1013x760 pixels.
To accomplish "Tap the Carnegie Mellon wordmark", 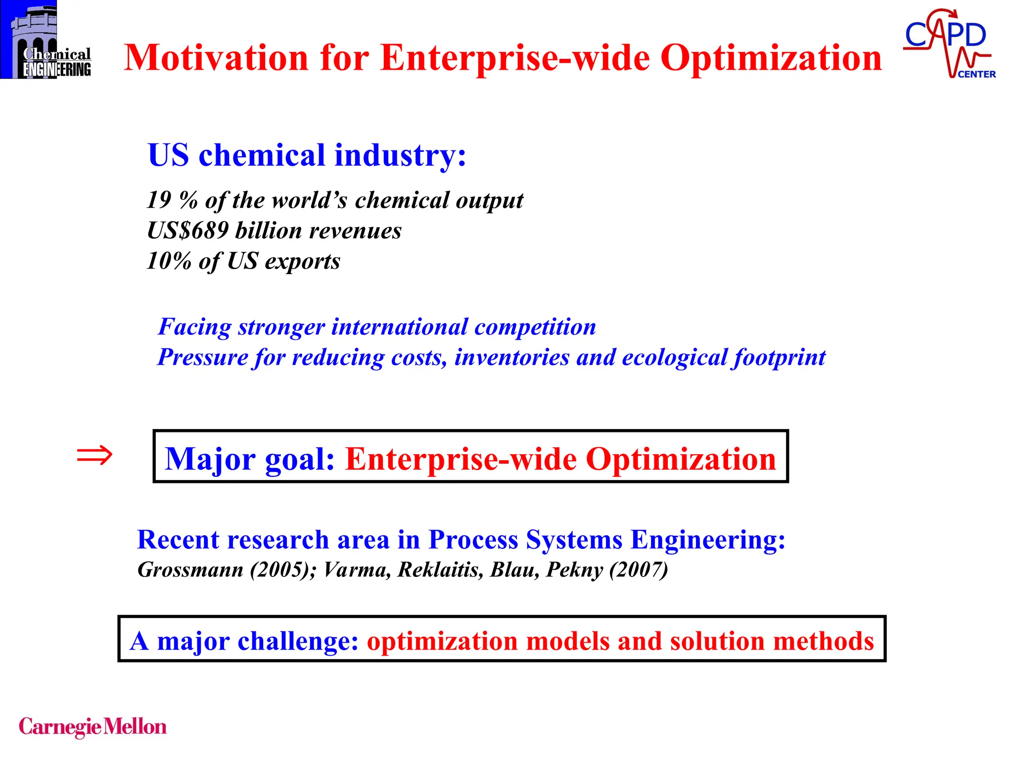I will pyautogui.click(x=92, y=727).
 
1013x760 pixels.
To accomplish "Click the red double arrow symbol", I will pyautogui.click(x=94, y=455).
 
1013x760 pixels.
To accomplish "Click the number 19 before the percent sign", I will pyautogui.click(x=159, y=200).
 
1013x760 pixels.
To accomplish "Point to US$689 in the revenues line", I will pyautogui.click(x=188, y=231).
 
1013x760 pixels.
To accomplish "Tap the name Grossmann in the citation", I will pyautogui.click(x=190, y=570).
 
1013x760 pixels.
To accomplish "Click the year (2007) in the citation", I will pyautogui.click(x=639, y=570).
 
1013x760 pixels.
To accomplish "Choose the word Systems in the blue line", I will pyautogui.click(x=574, y=539).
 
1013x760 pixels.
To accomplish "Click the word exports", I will pyautogui.click(x=302, y=261).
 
